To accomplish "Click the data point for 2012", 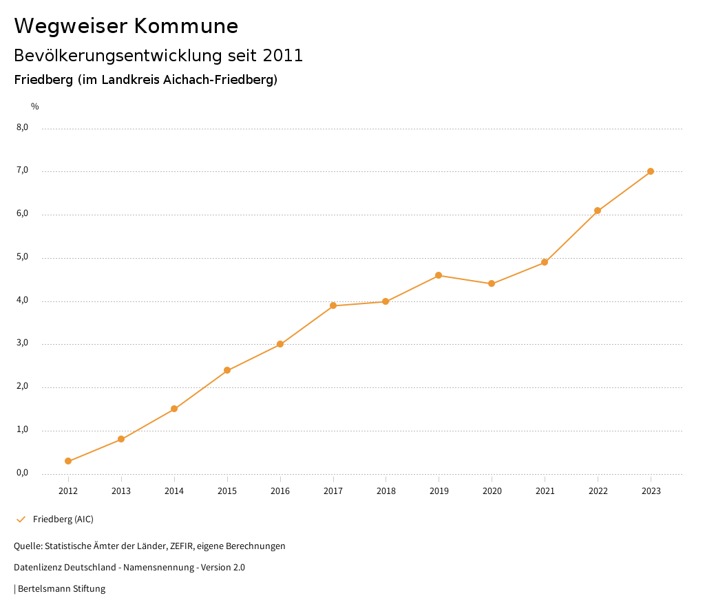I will [68, 461].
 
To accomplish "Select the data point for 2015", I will [227, 370].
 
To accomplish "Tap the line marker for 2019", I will [439, 275].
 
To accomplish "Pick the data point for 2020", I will [492, 283].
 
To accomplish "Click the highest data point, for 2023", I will [651, 171].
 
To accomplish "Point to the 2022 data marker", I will [598, 211].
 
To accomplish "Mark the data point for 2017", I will [333, 305].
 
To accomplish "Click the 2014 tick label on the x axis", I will [174, 491].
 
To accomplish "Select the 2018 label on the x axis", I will [386, 491].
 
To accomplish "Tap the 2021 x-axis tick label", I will [545, 491].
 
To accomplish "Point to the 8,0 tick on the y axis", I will [23, 127].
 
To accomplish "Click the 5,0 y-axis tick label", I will [23, 257].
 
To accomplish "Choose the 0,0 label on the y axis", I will [23, 473].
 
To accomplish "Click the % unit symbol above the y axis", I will [35, 106].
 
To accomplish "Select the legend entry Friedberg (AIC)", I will [63, 519].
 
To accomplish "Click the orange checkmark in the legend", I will [21, 519].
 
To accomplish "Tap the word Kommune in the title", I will [186, 26].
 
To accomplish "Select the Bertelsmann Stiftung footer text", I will [61, 589].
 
